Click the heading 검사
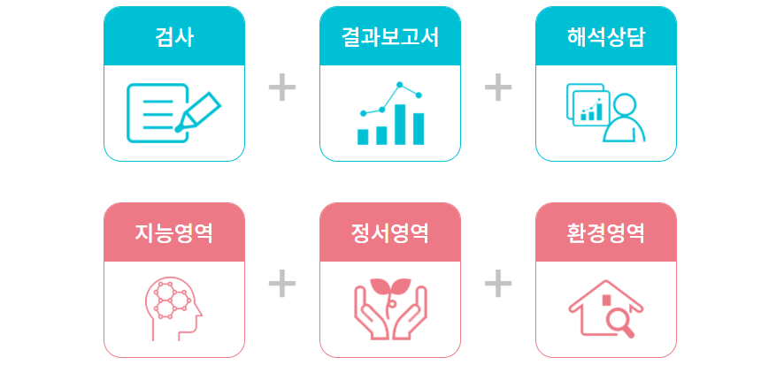coord(174,38)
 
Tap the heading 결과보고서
coord(390,38)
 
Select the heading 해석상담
coord(606,38)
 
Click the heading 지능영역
coord(174,234)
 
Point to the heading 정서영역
coord(390,234)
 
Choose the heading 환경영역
coord(606,234)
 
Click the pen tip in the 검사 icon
coord(181,128)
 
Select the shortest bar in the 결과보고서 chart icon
coord(363,136)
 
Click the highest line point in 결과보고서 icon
coord(400,85)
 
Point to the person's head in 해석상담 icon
coord(624,104)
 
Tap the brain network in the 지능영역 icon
coord(170,297)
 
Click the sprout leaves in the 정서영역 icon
coord(389,287)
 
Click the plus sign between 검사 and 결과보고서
coord(281,87)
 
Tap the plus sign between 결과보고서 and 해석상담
coord(498,87)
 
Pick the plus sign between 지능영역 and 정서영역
coord(281,284)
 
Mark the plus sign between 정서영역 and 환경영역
coord(498,284)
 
